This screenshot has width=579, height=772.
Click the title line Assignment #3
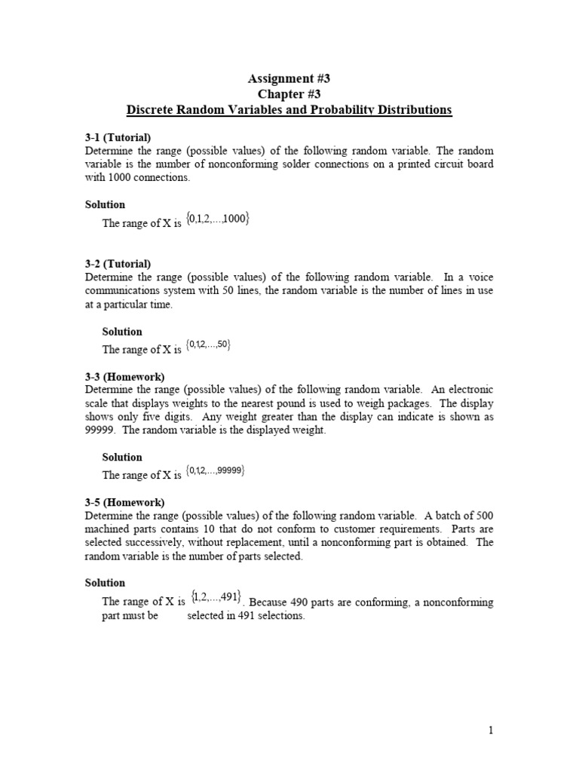pos(289,78)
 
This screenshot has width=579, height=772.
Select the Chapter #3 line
pos(289,94)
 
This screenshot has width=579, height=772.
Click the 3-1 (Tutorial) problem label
pos(118,137)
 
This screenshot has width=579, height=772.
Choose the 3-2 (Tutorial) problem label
pos(118,264)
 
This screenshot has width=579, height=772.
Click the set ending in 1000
pos(218,219)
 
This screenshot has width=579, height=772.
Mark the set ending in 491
pos(216,597)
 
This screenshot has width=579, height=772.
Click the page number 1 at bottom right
pos(490,731)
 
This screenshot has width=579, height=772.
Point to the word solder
pos(350,164)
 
